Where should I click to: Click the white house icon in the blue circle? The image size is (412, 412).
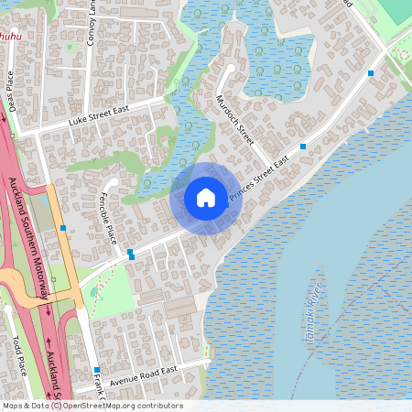click(206, 197)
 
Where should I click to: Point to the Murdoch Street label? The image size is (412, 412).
click(235, 118)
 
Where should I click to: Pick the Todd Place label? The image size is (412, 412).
click(20, 356)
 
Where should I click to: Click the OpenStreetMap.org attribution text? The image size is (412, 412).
click(113, 406)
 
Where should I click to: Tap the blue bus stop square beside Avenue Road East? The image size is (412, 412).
click(96, 370)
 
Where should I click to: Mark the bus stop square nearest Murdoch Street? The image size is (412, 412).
click(303, 146)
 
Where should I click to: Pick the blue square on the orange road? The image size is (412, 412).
click(62, 227)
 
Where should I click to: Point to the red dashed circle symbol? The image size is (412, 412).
click(403, 54)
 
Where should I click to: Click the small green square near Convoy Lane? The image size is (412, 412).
click(70, 47)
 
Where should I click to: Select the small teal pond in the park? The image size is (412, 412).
click(94, 293)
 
